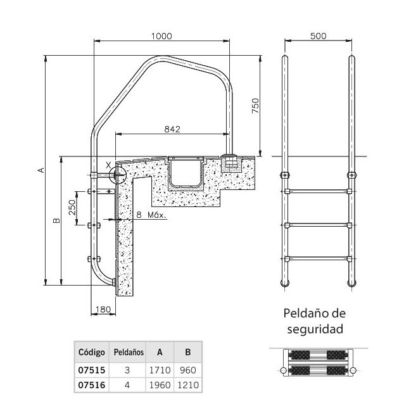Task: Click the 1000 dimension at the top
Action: click(x=162, y=36)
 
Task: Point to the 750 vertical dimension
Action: click(x=255, y=105)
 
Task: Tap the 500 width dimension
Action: click(x=319, y=36)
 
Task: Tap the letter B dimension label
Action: click(x=56, y=220)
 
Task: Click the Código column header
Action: click(x=91, y=351)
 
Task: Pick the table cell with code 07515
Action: click(x=91, y=369)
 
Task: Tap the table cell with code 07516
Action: click(x=91, y=384)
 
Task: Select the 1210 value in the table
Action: click(x=187, y=384)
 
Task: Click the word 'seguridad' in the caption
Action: click(x=314, y=329)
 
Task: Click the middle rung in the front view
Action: click(x=317, y=224)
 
